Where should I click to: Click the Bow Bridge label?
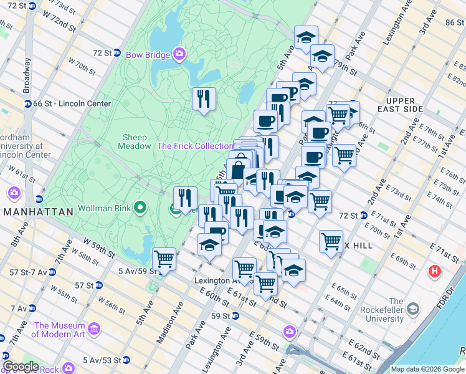148,55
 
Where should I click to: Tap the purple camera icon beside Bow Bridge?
179,55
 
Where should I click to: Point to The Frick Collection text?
195,146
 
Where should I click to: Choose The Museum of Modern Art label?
60,330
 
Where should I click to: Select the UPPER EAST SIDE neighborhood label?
404,105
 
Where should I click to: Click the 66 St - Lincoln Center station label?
72,103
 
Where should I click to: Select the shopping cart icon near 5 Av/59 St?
164,257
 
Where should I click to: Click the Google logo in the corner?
20,367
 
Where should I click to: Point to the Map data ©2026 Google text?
427,369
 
